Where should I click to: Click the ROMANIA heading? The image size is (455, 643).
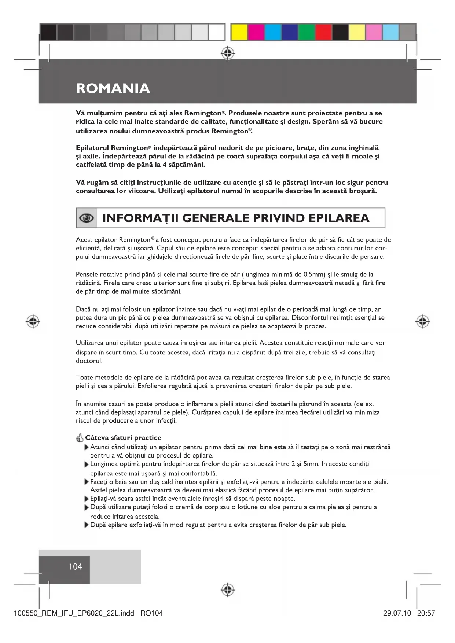(113, 88)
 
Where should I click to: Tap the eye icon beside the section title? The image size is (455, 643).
(86, 218)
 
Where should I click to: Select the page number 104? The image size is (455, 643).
(75, 566)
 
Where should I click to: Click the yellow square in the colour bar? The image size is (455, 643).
(239, 32)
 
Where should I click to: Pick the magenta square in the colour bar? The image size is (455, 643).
(256, 32)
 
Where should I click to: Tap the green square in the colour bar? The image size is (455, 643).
(307, 32)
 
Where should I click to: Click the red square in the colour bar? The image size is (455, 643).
(323, 32)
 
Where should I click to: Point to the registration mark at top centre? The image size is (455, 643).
(228, 54)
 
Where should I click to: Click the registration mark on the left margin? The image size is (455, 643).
(33, 321)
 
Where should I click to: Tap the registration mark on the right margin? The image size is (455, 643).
(422, 321)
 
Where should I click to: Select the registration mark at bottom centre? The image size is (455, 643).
(228, 589)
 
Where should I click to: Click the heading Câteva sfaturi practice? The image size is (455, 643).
(123, 438)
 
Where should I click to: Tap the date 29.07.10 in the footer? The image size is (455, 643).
(397, 613)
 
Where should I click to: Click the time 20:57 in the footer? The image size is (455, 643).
(426, 613)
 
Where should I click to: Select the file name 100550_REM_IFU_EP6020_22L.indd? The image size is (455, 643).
(74, 613)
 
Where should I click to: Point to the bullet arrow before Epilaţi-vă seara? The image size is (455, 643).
(87, 499)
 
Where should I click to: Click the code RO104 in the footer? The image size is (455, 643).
(151, 613)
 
